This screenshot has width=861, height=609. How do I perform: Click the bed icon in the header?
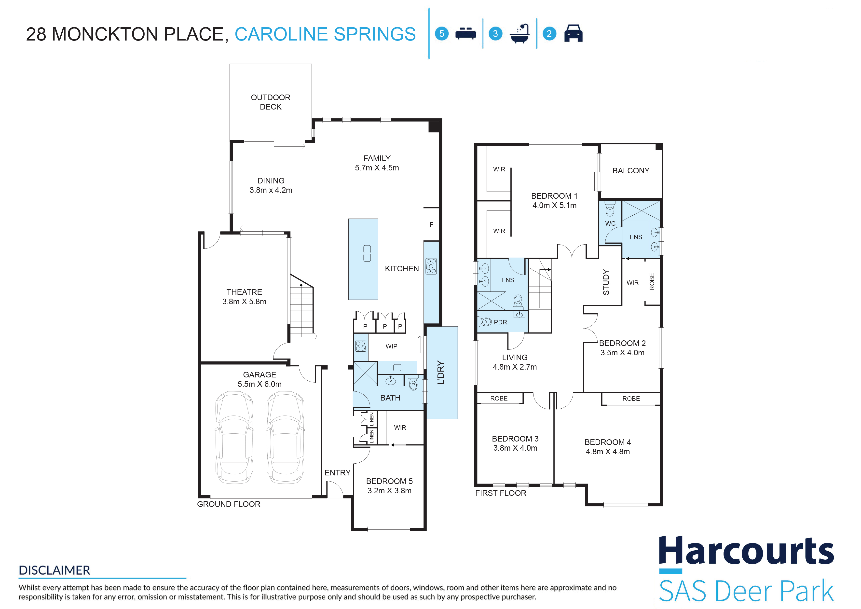tap(465, 33)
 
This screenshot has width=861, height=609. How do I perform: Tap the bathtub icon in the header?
tap(520, 34)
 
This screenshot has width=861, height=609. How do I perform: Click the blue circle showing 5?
tap(442, 33)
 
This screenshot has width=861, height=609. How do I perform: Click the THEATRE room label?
tap(244, 292)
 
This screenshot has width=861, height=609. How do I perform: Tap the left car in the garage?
tap(234, 437)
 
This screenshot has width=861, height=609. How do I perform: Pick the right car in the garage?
tap(285, 437)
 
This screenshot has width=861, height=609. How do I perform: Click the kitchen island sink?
tap(367, 253)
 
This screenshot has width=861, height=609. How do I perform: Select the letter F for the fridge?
tap(431, 224)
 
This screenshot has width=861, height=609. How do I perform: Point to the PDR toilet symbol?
tap(485, 322)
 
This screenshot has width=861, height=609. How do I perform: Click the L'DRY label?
tap(441, 373)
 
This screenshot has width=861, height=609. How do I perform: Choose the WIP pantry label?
tap(392, 346)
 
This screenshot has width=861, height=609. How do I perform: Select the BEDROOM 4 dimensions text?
tap(608, 452)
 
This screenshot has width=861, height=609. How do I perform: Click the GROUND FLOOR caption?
tap(229, 504)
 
